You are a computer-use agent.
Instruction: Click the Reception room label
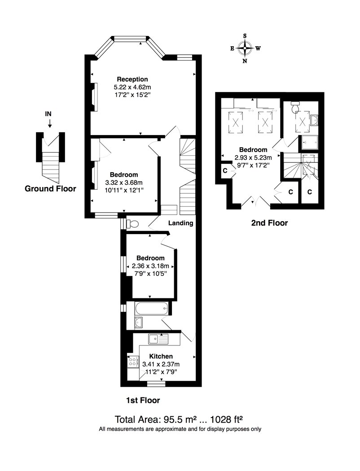pos(132,79)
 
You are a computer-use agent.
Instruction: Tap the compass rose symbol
pos(245,48)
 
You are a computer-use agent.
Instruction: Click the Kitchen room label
pos(161,356)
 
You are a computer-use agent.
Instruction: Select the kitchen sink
pos(158,339)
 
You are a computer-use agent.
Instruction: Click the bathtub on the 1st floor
pos(152,308)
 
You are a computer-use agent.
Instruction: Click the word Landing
pos(180,223)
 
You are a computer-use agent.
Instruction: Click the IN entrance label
pos(48,114)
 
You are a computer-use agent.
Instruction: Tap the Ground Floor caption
pos(50,189)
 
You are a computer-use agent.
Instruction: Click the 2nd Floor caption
pos(269,223)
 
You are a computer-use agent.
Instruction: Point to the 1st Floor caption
pos(143,400)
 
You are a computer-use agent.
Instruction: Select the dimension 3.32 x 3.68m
pos(124,182)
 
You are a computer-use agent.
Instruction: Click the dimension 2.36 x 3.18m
pos(150,266)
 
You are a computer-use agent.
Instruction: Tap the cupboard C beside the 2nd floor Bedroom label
pos(225,171)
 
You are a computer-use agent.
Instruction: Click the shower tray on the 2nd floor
pos(308,143)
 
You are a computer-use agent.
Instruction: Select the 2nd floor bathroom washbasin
pos(314,120)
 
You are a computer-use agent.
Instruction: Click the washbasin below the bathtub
pos(139,323)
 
